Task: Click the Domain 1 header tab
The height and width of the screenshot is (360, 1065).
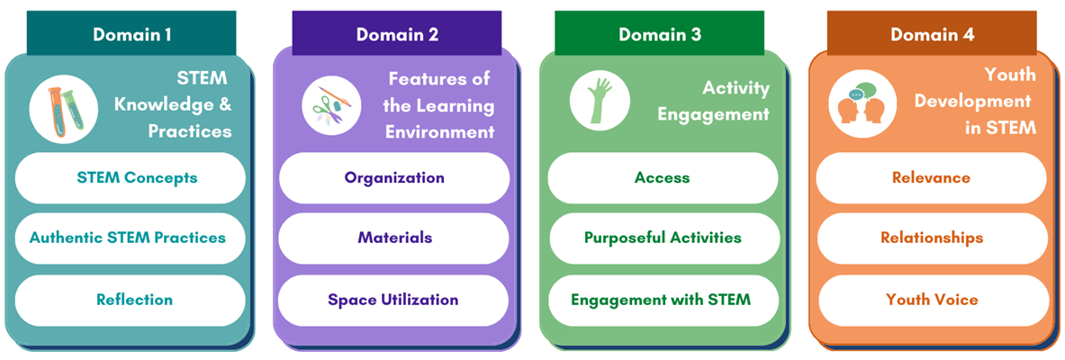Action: click(x=131, y=34)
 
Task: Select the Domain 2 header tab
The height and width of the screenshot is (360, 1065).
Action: click(x=397, y=34)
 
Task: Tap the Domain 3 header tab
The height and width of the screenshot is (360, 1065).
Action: click(x=659, y=34)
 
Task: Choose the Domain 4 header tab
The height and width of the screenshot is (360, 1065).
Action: click(x=932, y=34)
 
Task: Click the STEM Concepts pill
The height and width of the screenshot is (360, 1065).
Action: click(x=131, y=177)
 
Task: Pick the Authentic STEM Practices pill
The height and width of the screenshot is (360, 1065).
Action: click(x=128, y=238)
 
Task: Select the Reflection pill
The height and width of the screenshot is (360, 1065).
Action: click(x=131, y=300)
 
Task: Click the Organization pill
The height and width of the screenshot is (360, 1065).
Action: click(x=394, y=177)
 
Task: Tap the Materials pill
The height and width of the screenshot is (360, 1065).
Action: click(x=394, y=238)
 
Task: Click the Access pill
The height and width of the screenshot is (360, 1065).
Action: click(x=663, y=177)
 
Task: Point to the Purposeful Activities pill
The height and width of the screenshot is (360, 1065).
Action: click(x=663, y=238)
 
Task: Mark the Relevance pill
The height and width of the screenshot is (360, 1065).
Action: click(x=931, y=177)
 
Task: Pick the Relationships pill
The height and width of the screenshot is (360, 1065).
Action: click(x=931, y=238)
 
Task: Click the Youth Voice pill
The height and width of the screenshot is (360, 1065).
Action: click(x=931, y=300)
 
